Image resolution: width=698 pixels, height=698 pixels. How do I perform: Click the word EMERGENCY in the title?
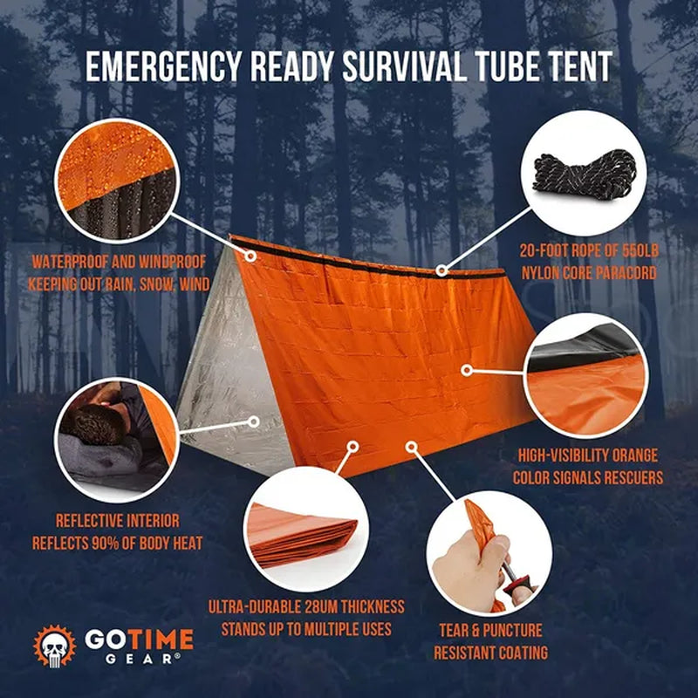(163, 66)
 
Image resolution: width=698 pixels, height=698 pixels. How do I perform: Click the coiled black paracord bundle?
(585, 173)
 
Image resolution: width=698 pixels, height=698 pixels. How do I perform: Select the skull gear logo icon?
(55, 647)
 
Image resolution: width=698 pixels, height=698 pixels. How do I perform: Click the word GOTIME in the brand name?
(140, 640)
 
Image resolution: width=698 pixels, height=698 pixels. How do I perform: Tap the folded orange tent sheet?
(303, 536)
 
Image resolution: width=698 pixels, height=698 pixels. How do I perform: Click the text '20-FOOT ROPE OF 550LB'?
(589, 250)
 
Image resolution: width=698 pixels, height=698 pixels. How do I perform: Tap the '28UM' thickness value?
(321, 606)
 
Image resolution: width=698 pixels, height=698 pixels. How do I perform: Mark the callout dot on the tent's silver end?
(254, 421)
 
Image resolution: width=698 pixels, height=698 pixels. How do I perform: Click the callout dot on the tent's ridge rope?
(441, 270)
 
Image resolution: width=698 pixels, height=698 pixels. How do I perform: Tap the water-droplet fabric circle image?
(117, 181)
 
